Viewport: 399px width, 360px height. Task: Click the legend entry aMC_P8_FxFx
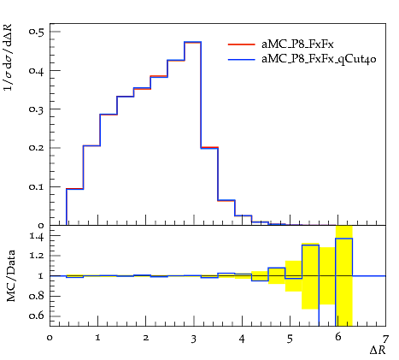pos(297,44)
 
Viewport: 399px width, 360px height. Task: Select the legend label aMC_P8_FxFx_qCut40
pos(319,59)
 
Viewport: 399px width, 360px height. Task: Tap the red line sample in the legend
pos(242,44)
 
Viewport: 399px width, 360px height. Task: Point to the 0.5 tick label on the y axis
pos(37,31)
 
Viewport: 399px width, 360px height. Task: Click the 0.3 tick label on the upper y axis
pos(37,109)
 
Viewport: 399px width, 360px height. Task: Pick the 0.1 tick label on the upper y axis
pos(37,186)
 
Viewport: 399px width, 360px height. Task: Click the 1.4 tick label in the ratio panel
pos(37,236)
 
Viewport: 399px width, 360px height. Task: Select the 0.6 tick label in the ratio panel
pos(37,316)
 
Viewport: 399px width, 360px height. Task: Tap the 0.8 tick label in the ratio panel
pos(37,296)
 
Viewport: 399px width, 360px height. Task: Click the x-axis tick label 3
pos(194,339)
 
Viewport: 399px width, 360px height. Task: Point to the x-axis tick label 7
pos(385,339)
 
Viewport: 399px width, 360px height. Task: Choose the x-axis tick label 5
pos(290,339)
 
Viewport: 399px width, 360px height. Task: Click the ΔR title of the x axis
pos(378,350)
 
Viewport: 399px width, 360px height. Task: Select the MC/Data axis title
pos(11,276)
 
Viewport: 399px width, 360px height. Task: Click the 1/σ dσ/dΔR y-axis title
pos(9,57)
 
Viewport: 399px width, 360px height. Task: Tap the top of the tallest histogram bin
pos(193,42)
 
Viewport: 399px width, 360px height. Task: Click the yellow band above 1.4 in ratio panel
pos(344,232)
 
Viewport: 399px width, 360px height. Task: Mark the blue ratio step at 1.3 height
pos(310,245)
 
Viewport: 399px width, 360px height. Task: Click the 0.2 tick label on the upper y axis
pos(37,148)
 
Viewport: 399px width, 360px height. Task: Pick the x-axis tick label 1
pos(98,338)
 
